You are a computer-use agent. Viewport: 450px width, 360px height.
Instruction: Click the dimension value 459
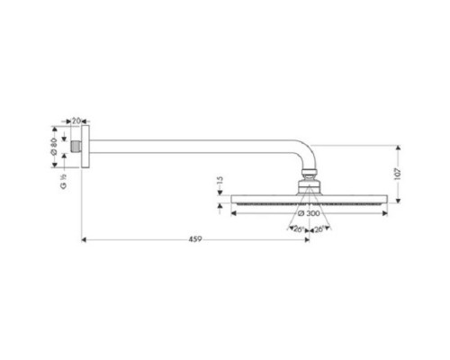click(194, 238)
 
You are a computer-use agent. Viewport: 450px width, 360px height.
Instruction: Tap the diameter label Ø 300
click(311, 213)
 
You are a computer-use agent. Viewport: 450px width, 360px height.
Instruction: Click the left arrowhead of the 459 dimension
click(84, 240)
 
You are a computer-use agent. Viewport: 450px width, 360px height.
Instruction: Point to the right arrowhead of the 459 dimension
click(308, 240)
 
